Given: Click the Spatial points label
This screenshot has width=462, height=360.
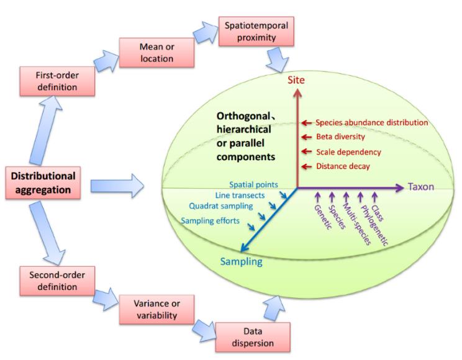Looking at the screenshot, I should pyautogui.click(x=253, y=184).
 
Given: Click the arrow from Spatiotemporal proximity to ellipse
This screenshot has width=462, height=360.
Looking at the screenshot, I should pyautogui.click(x=276, y=63).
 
